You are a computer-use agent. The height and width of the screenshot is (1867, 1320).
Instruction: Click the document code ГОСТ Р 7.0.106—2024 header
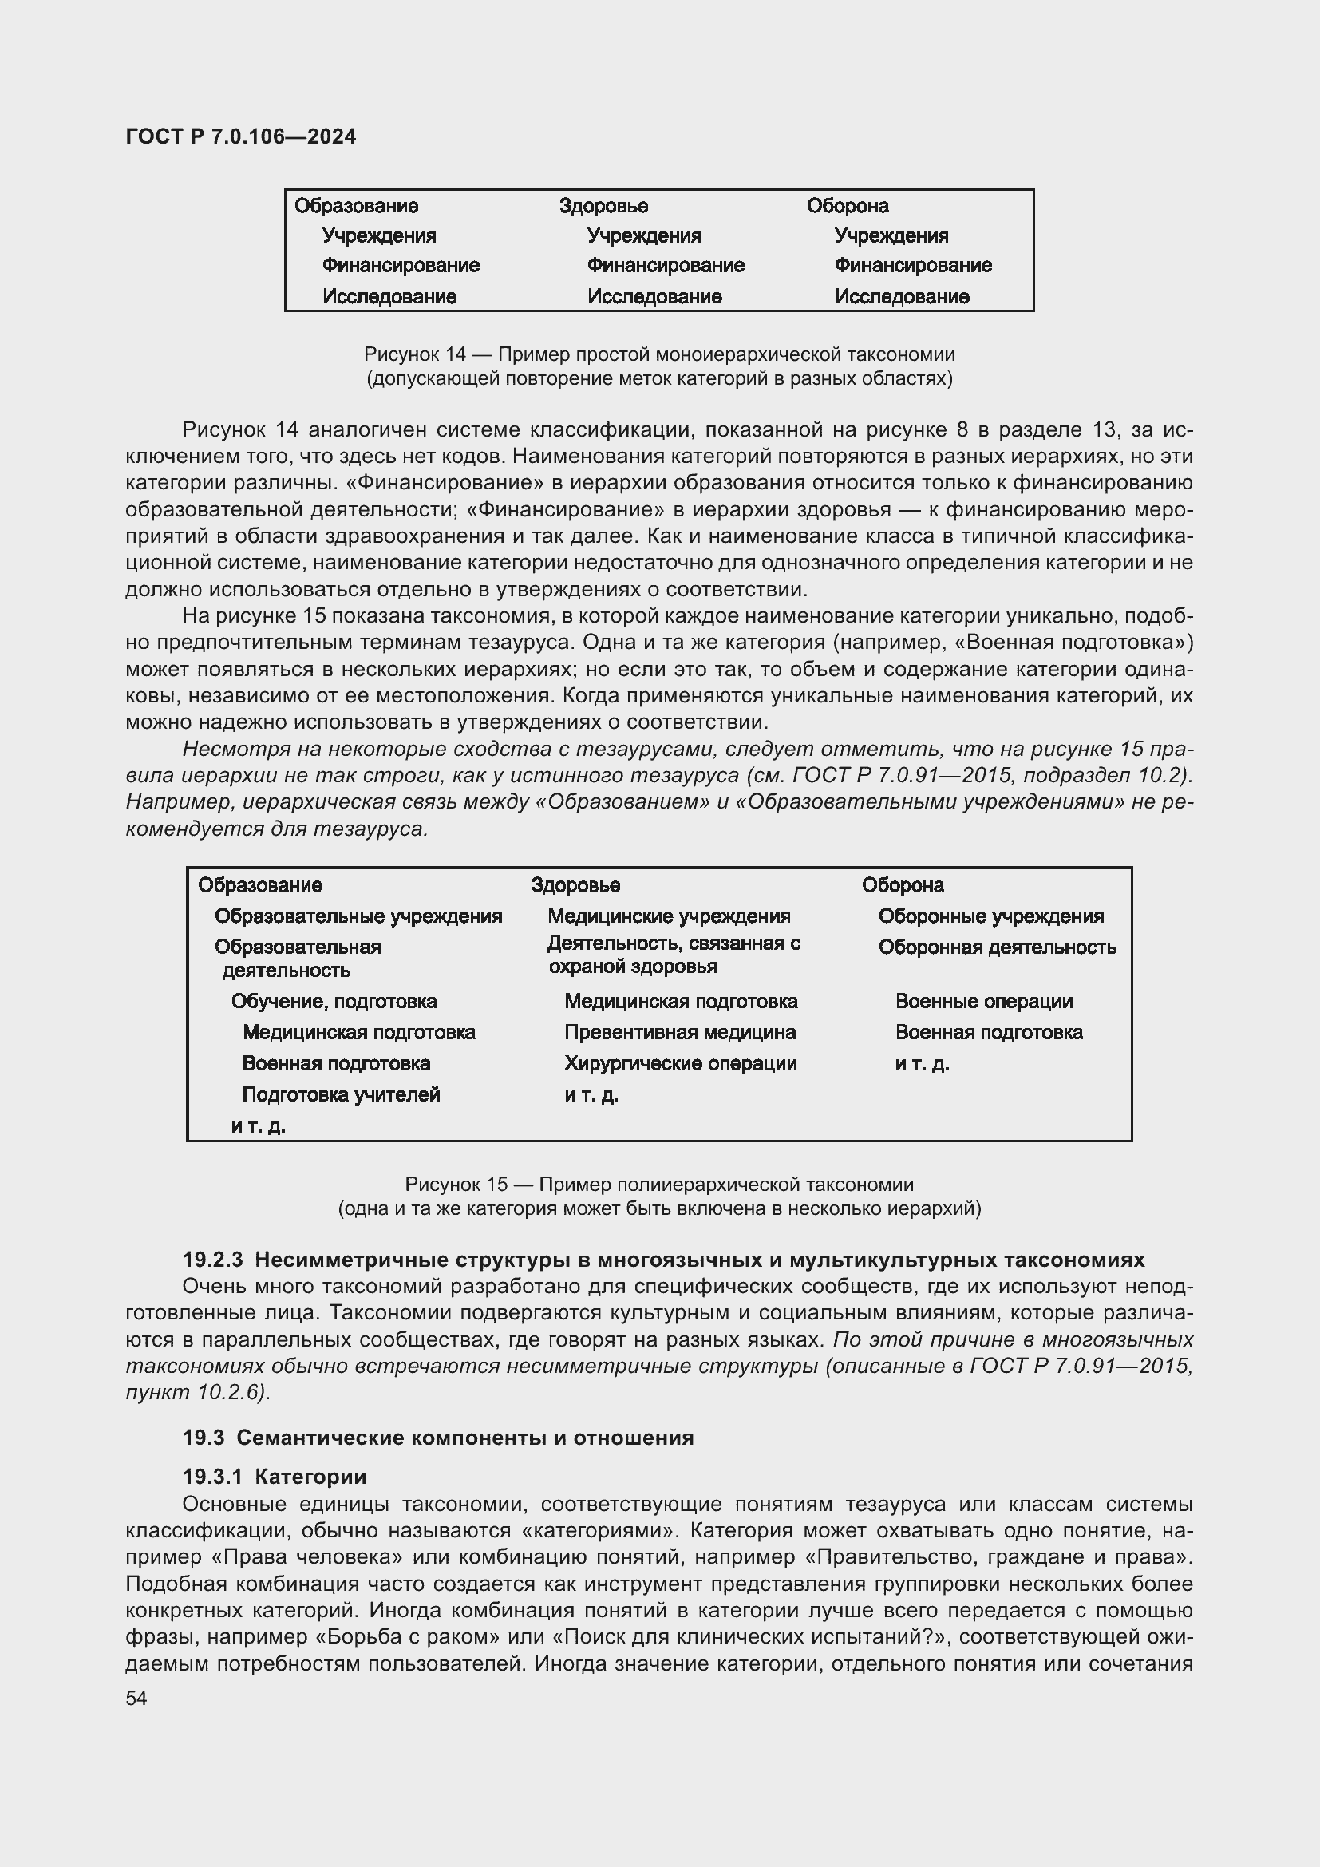[240, 136]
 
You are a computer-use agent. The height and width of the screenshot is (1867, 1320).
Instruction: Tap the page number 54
[136, 1698]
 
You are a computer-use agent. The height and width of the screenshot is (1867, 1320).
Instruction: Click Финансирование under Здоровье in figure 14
[665, 266]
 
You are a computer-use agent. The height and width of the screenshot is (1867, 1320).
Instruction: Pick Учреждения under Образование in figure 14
[379, 235]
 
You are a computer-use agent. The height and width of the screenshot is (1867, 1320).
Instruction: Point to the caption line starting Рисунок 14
[659, 354]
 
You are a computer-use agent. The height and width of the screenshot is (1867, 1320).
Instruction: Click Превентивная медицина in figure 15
[679, 1033]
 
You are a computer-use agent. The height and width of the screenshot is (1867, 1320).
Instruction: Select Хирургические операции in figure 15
[680, 1063]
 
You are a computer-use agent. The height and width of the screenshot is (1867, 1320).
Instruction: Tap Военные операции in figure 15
[983, 1002]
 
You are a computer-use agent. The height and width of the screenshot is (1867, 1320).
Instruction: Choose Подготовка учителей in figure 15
[341, 1094]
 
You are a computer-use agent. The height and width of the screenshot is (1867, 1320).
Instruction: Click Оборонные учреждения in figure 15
[991, 916]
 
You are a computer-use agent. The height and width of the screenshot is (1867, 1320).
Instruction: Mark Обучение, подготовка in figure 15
[334, 1002]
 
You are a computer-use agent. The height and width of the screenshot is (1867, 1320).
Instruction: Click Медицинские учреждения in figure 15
[668, 916]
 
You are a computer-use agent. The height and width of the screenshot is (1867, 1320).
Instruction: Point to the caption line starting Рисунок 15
[659, 1185]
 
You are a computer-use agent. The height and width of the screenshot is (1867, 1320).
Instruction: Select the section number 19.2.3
[212, 1260]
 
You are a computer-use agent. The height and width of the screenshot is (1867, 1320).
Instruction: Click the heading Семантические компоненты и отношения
[465, 1438]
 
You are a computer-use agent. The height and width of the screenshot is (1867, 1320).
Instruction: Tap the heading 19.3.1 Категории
[274, 1477]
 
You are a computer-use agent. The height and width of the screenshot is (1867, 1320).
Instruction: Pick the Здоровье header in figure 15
[575, 884]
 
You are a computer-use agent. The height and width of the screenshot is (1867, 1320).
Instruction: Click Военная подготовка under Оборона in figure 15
[988, 1033]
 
